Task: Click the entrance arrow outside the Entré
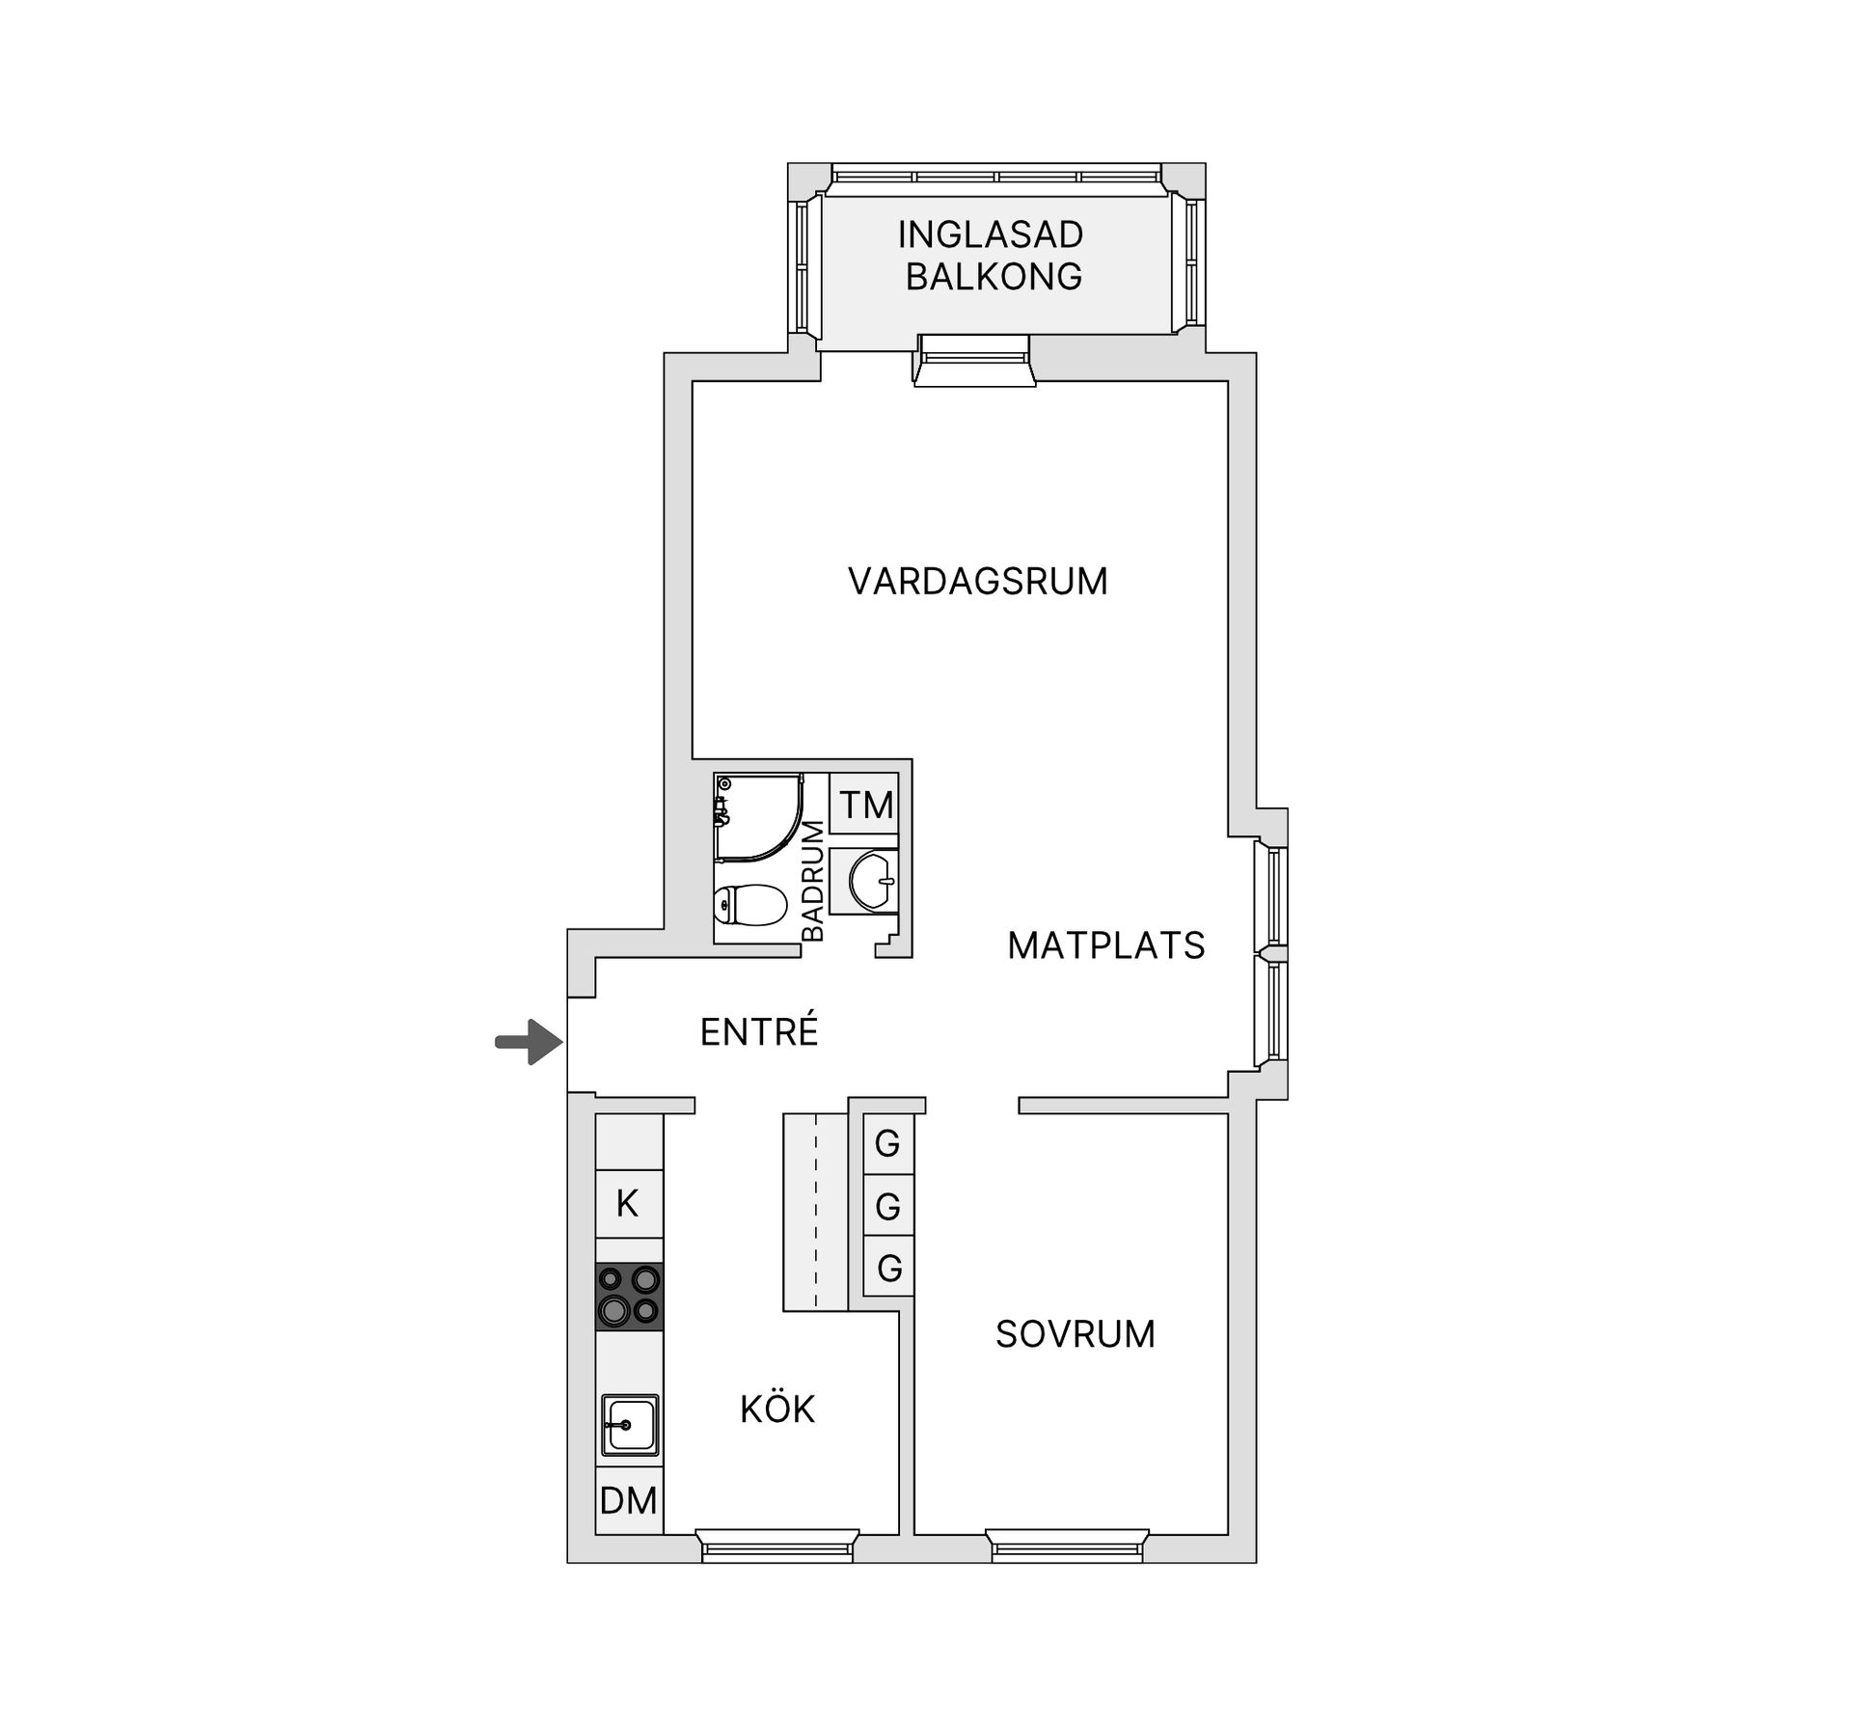[x=529, y=1042]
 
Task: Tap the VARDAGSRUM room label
[x=977, y=582]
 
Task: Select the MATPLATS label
[x=1105, y=945]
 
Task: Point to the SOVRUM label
[x=1075, y=1334]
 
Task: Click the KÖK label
[x=777, y=1409]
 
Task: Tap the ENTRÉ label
[x=759, y=1032]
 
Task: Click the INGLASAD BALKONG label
[x=992, y=256]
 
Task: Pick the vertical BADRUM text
[x=813, y=881]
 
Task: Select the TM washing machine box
[x=865, y=805]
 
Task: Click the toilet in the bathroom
[x=749, y=906]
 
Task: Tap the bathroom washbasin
[x=872, y=880]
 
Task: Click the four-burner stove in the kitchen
[x=629, y=1296]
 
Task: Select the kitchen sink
[x=630, y=1424]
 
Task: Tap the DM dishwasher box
[x=629, y=1500]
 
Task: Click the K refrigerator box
[x=628, y=1203]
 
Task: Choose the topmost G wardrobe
[x=887, y=1144]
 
